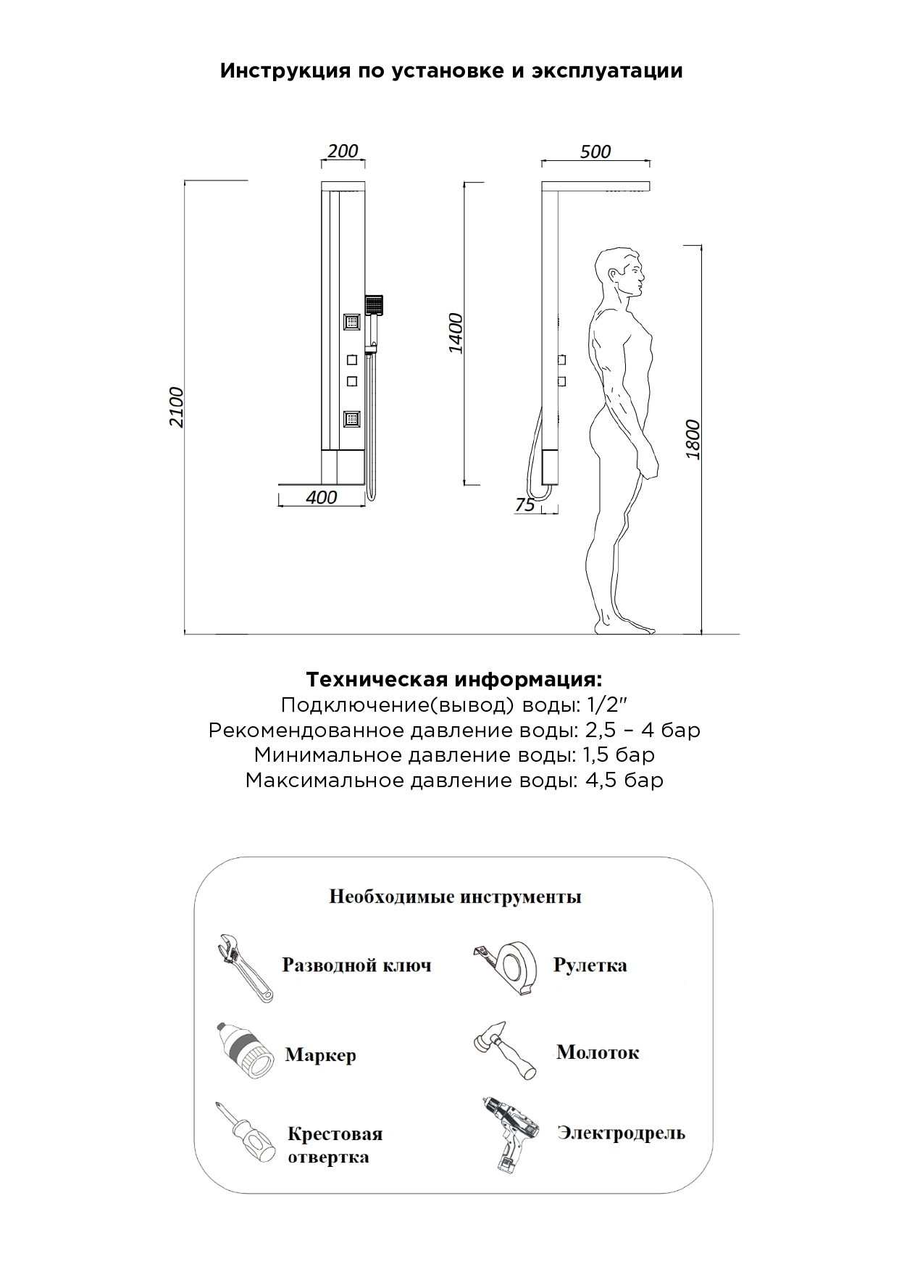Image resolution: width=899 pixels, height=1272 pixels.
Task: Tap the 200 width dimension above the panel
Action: (343, 151)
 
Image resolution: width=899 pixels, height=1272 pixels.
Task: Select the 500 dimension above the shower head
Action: (595, 151)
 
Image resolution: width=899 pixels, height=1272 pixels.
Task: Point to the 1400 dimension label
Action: (456, 333)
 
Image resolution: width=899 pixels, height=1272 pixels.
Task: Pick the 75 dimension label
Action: (524, 504)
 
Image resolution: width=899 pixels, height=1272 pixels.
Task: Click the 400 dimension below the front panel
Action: (321, 497)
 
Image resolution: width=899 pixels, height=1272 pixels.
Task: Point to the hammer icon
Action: (504, 1051)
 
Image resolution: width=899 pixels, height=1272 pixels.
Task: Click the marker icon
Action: (246, 1052)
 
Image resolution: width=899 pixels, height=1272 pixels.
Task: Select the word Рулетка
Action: (590, 965)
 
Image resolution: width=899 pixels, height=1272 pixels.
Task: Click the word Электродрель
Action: (621, 1133)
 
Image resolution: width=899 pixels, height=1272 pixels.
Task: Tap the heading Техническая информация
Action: (453, 680)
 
